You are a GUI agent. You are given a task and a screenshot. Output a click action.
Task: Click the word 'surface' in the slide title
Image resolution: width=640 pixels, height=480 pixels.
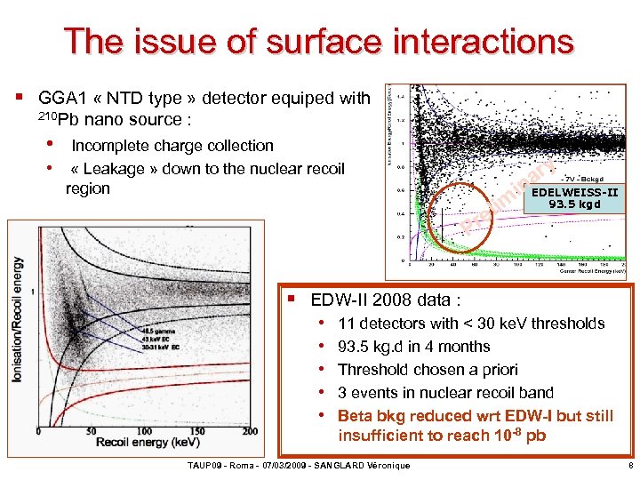pos(306,41)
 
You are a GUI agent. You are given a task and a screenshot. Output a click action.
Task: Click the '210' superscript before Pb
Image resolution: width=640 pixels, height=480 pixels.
pos(47,116)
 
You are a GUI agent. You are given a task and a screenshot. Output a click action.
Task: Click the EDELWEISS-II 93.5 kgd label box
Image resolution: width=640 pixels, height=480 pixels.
pos(574,196)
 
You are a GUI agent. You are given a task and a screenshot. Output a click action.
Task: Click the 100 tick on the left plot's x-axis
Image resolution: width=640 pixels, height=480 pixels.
pos(144,431)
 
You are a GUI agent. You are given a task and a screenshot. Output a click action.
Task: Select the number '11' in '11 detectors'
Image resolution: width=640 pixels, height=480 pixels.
pos(347,324)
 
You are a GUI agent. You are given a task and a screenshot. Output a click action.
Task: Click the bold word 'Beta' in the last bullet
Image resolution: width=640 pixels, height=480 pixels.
pos(356,416)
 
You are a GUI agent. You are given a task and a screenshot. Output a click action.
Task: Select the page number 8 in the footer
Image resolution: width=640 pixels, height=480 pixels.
pos(629,465)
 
